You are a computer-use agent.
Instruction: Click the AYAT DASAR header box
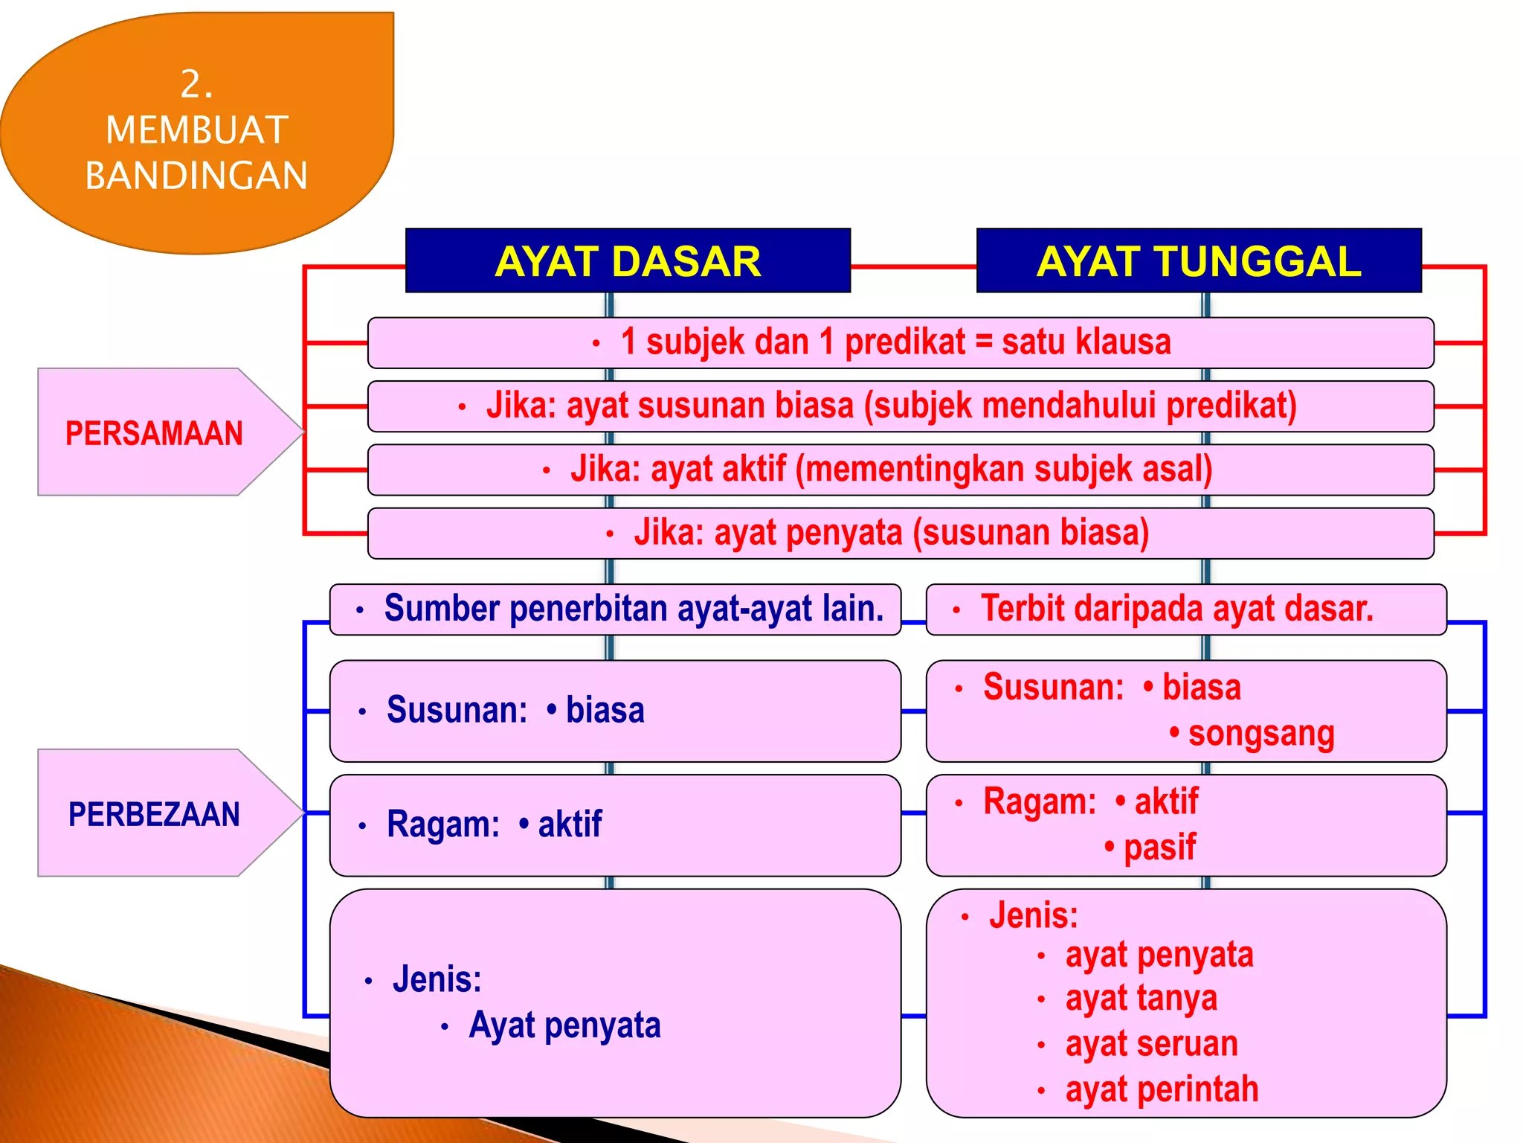628,261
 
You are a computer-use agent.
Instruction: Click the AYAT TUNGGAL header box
1199,261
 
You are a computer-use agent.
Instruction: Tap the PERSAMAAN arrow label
154,433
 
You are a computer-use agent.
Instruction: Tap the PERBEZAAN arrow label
154,814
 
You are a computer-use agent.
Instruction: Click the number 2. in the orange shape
196,84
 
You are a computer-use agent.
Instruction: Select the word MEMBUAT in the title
196,130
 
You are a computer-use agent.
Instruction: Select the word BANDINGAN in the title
196,176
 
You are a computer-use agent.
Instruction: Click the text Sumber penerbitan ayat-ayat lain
634,609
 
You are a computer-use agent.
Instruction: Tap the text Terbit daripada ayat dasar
1176,609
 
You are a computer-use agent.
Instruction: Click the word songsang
1260,734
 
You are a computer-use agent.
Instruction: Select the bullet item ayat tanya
1141,999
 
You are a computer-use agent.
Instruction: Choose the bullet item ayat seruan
1151,1044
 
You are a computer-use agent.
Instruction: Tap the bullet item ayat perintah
1162,1090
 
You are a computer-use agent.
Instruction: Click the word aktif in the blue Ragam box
569,825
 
